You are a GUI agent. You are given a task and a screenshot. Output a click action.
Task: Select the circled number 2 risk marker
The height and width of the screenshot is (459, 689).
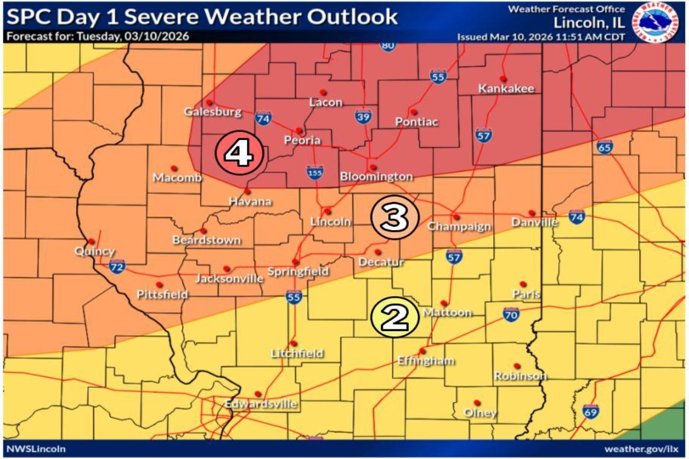394,317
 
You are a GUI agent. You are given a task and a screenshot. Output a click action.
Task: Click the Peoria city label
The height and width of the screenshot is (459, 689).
303,141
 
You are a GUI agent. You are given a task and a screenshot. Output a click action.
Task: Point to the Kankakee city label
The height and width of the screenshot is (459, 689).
506,88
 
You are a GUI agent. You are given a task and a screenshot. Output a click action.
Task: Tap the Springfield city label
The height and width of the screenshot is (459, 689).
297,271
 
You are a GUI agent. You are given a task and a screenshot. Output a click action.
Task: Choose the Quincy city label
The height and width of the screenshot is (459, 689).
95,251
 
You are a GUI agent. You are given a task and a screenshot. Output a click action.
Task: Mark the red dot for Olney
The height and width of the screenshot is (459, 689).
476,402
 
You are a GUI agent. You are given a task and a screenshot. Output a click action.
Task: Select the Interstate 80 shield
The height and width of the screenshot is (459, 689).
389,45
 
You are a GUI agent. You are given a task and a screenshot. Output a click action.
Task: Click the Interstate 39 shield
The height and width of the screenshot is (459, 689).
362,117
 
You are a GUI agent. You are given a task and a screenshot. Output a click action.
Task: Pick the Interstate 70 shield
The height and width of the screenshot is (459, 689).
511,313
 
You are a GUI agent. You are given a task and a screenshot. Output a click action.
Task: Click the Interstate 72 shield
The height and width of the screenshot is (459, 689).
117,266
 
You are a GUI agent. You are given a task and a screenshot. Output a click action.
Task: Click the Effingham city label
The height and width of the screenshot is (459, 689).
426,361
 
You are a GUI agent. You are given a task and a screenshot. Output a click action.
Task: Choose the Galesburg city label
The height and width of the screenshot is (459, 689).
212,112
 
